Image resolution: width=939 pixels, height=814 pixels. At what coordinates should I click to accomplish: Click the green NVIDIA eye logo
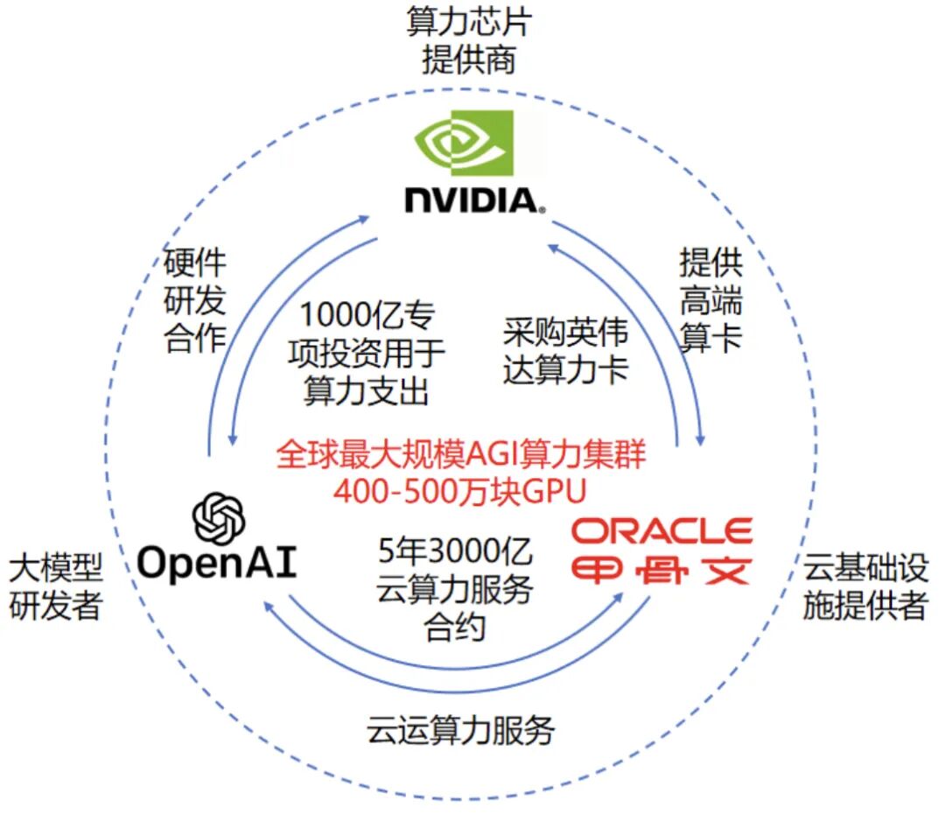463,144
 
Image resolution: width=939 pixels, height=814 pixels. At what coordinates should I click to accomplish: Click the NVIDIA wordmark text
473,200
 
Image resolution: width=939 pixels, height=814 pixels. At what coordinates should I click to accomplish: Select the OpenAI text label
218,564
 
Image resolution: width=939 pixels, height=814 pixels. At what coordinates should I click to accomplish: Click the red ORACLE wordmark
661,531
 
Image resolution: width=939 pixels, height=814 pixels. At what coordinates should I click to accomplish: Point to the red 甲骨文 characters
661,570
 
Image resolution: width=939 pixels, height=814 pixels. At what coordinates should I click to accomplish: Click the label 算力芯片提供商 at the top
468,41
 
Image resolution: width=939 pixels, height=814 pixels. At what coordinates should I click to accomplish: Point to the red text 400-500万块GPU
459,490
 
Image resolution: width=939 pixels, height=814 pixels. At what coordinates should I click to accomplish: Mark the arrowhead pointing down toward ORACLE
701,442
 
